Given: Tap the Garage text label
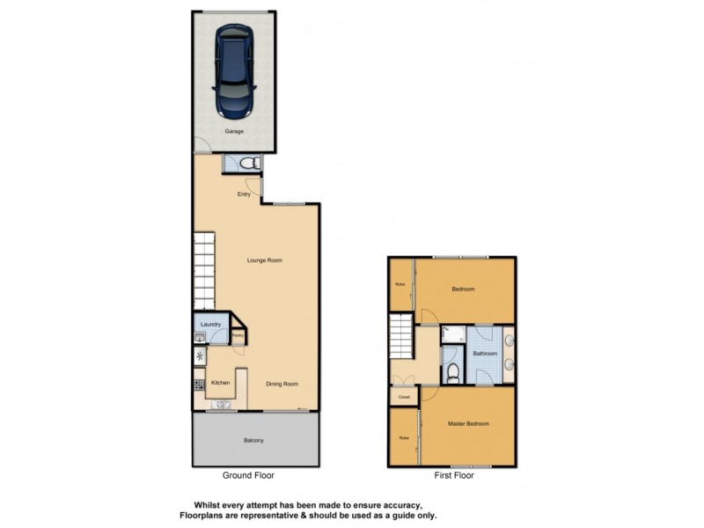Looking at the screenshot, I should [233, 131].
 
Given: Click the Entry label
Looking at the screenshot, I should [245, 194].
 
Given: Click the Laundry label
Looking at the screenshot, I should [210, 325].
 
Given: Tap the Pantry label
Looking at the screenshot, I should [238, 336].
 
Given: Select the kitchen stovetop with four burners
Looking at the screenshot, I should [199, 384].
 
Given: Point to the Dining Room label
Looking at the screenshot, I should [282, 384].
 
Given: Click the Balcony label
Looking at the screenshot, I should [253, 440].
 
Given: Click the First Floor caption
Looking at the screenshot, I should [453, 475].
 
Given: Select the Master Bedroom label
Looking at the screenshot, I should [468, 423].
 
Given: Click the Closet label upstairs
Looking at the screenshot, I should [404, 397].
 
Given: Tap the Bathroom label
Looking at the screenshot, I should [485, 353].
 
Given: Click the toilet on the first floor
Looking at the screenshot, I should [451, 374].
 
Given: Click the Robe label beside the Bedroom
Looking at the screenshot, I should [400, 284].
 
